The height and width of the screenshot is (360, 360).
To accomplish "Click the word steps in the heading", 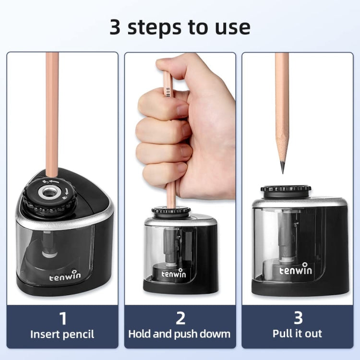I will [159, 27].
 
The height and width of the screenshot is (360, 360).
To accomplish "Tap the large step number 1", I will [62, 318].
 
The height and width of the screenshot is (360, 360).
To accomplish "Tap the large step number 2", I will [180, 318].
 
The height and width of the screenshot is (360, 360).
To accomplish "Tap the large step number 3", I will [297, 318].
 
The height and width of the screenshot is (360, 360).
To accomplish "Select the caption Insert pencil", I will [62, 334].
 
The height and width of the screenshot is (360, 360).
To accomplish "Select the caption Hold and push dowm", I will [180, 334].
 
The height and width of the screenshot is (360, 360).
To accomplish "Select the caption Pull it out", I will [297, 334].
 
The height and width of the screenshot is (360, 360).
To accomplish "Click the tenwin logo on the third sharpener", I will [296, 270].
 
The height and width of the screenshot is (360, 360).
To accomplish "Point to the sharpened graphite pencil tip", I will [282, 168].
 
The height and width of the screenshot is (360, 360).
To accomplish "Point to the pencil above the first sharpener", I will [52, 110].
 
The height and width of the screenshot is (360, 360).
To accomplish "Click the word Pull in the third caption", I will [282, 334].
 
